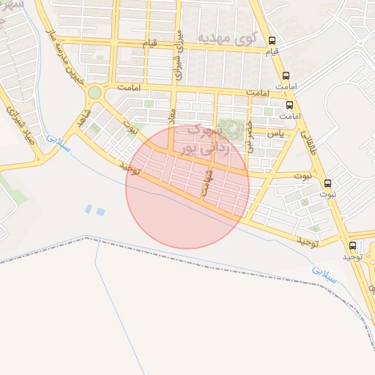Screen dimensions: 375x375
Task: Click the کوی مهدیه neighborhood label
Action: point(234,37)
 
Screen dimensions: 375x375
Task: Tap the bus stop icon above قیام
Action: point(273,41)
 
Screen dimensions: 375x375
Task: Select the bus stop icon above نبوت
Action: point(327,183)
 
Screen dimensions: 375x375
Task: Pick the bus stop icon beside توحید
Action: point(354,245)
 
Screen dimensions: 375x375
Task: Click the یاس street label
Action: point(275,133)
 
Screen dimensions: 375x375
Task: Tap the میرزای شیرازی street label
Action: point(178,54)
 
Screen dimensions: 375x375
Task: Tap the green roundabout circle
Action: point(94,92)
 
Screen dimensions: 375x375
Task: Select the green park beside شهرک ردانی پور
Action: point(232,130)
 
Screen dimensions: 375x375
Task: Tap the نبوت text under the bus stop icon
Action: point(327,194)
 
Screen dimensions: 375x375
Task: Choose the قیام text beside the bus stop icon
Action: point(273,53)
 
